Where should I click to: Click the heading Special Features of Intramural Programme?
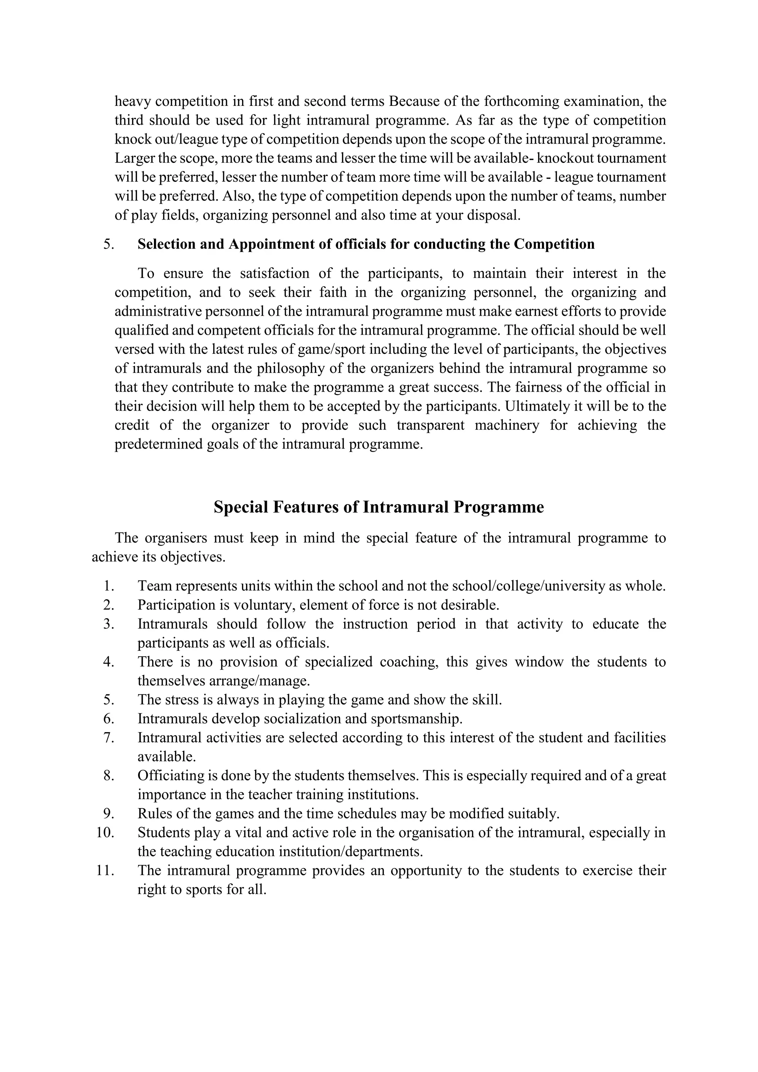pyautogui.click(x=379, y=507)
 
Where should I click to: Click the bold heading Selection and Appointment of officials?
pyautogui.click(x=366, y=244)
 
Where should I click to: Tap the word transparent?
pyautogui.click(x=430, y=425)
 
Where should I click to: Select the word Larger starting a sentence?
pyautogui.click(x=134, y=158)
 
